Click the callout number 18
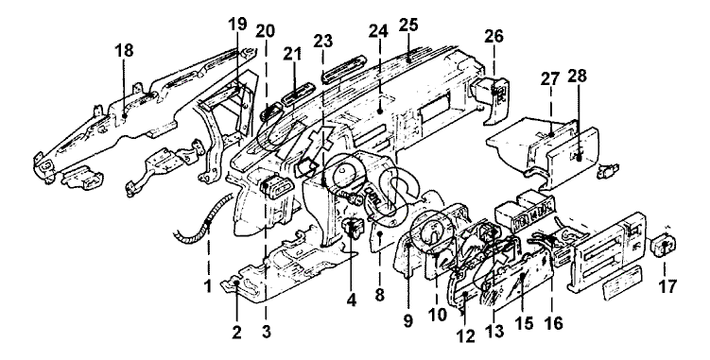click(x=124, y=51)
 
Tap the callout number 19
click(x=237, y=24)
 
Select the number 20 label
click(x=265, y=31)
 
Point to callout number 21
click(x=292, y=55)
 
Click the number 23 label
click(x=322, y=42)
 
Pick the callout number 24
click(x=378, y=31)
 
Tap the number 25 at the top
click(x=408, y=26)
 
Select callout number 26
click(x=494, y=36)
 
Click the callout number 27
click(x=550, y=78)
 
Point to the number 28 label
click(x=578, y=77)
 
